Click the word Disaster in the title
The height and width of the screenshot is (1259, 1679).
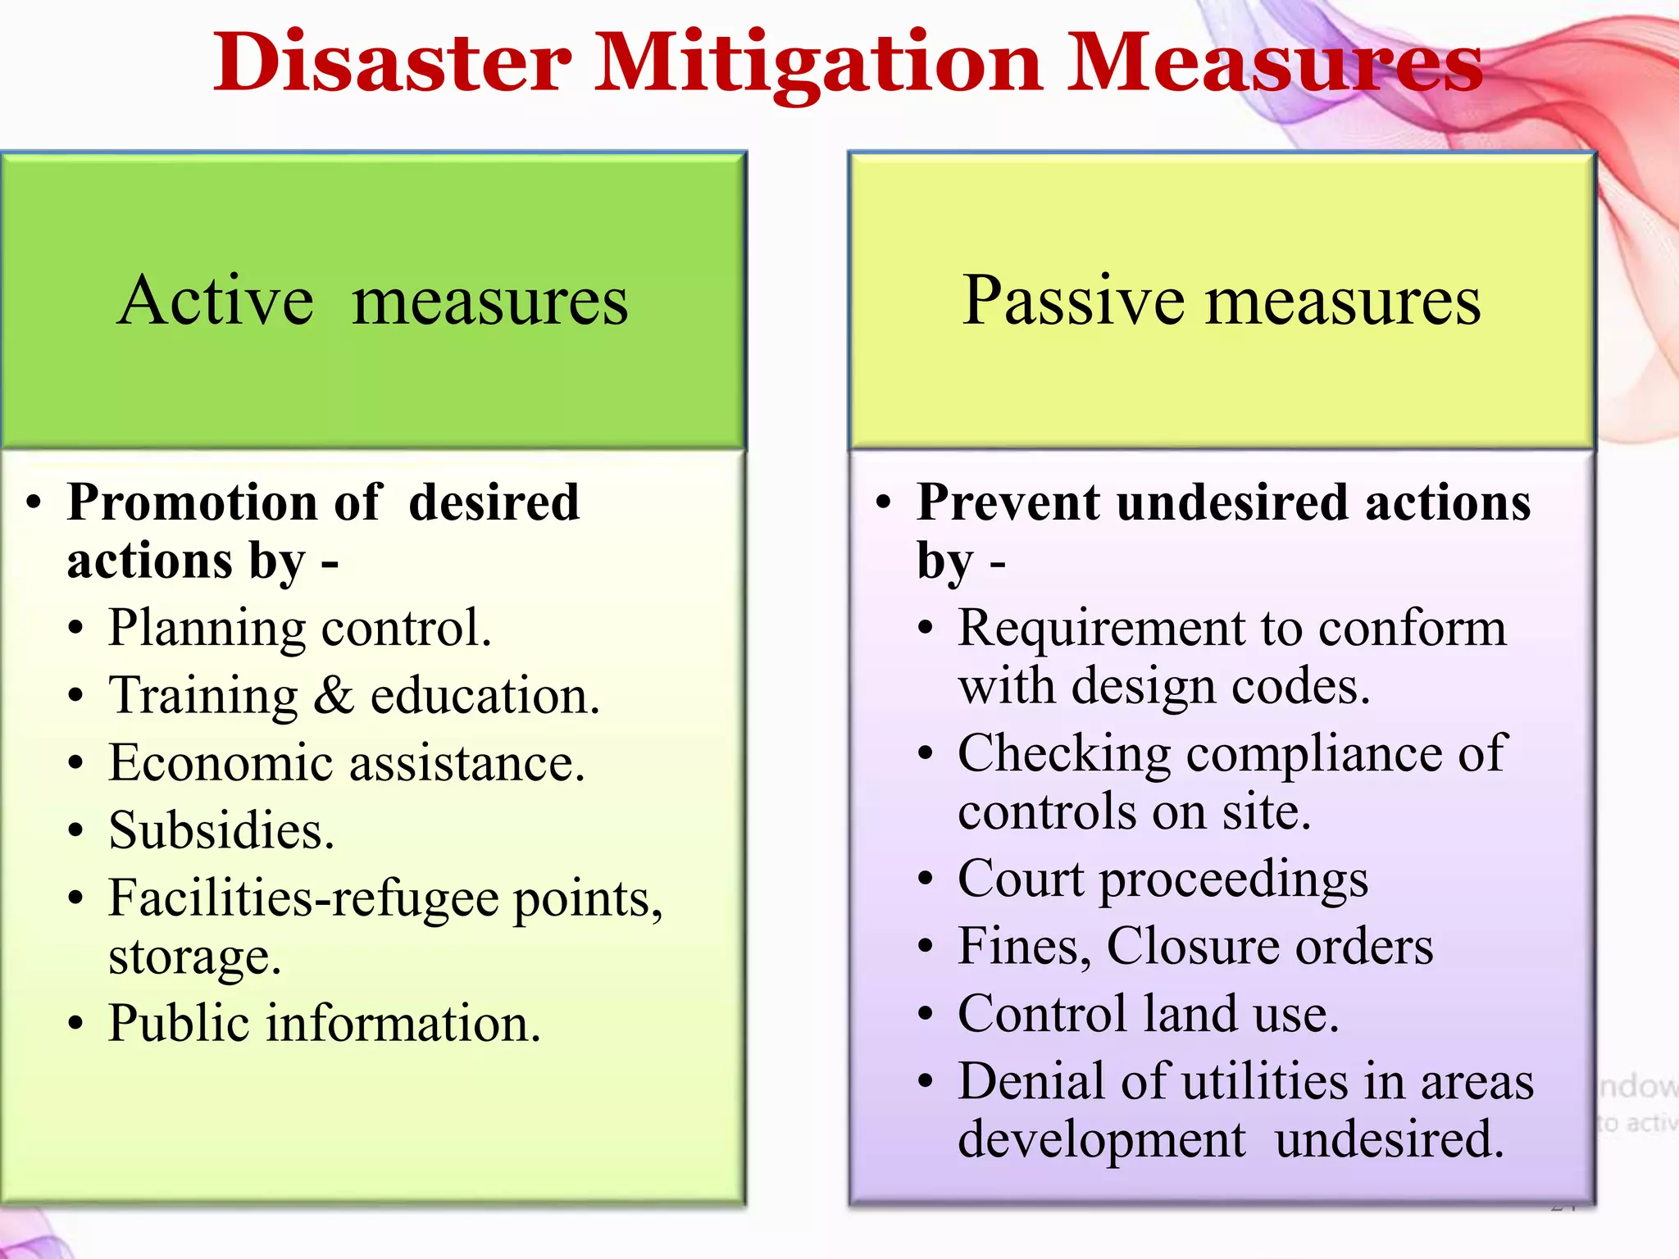click(x=393, y=63)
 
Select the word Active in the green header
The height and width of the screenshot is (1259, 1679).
click(x=215, y=302)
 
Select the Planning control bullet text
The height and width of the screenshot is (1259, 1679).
click(x=300, y=629)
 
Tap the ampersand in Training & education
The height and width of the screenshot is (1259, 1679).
click(x=334, y=696)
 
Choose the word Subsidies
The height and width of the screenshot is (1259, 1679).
click(x=221, y=830)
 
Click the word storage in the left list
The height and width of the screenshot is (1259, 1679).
click(x=194, y=957)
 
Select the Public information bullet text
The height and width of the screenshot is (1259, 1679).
click(x=325, y=1024)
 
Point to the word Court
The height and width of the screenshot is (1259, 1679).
click(x=1021, y=879)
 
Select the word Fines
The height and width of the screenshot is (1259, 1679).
click(x=1025, y=948)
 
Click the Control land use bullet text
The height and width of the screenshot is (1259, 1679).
click(x=1148, y=1014)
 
